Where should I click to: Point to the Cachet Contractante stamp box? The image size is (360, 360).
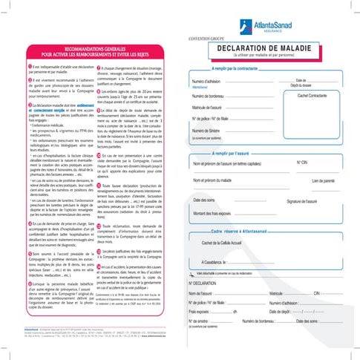[312, 96]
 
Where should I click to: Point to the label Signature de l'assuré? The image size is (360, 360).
[307, 201]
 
